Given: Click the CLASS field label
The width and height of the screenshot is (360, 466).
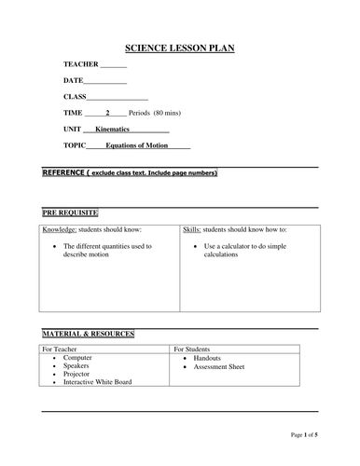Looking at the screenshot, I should coord(76,96).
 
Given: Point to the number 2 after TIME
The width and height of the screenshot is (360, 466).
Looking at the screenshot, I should coord(108,112).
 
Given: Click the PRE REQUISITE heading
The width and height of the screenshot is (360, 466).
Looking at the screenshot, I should coord(70,212).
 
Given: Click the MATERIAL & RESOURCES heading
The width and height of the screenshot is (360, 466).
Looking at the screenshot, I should coord(89,334).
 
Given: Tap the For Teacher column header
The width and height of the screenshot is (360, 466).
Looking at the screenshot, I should coord(63,349).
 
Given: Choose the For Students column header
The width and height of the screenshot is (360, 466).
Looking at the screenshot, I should coord(197,349).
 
